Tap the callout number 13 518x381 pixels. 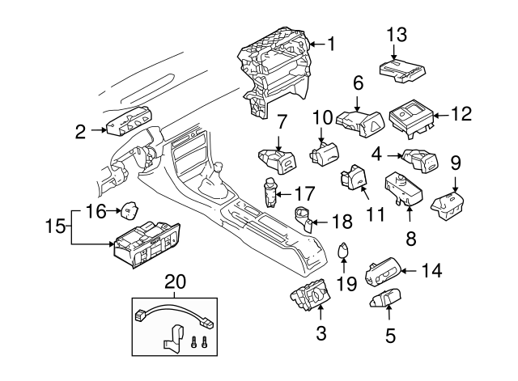[x=397, y=34]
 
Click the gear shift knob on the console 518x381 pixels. [x=217, y=172]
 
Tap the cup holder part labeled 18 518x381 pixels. [x=304, y=218]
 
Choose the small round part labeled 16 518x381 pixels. [x=129, y=212]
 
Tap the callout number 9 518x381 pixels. [x=455, y=163]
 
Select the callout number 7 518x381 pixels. [x=281, y=123]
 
